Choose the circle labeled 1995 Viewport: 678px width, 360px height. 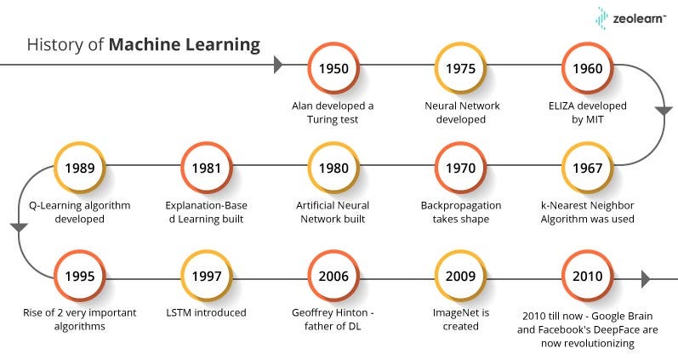pos(78,277)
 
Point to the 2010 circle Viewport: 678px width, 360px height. pos(588,277)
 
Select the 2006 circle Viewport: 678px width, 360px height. pos(333,277)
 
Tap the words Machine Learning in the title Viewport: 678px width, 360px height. pos(184,44)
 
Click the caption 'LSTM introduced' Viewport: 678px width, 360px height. pos(205,312)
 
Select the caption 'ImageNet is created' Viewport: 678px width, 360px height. pos(460,318)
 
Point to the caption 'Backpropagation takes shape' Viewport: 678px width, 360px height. pos(460,212)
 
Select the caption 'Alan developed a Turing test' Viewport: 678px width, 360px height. pos(333,112)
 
